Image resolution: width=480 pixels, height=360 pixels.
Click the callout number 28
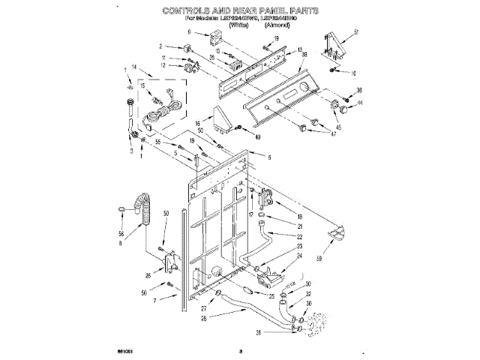pos(205,318)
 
